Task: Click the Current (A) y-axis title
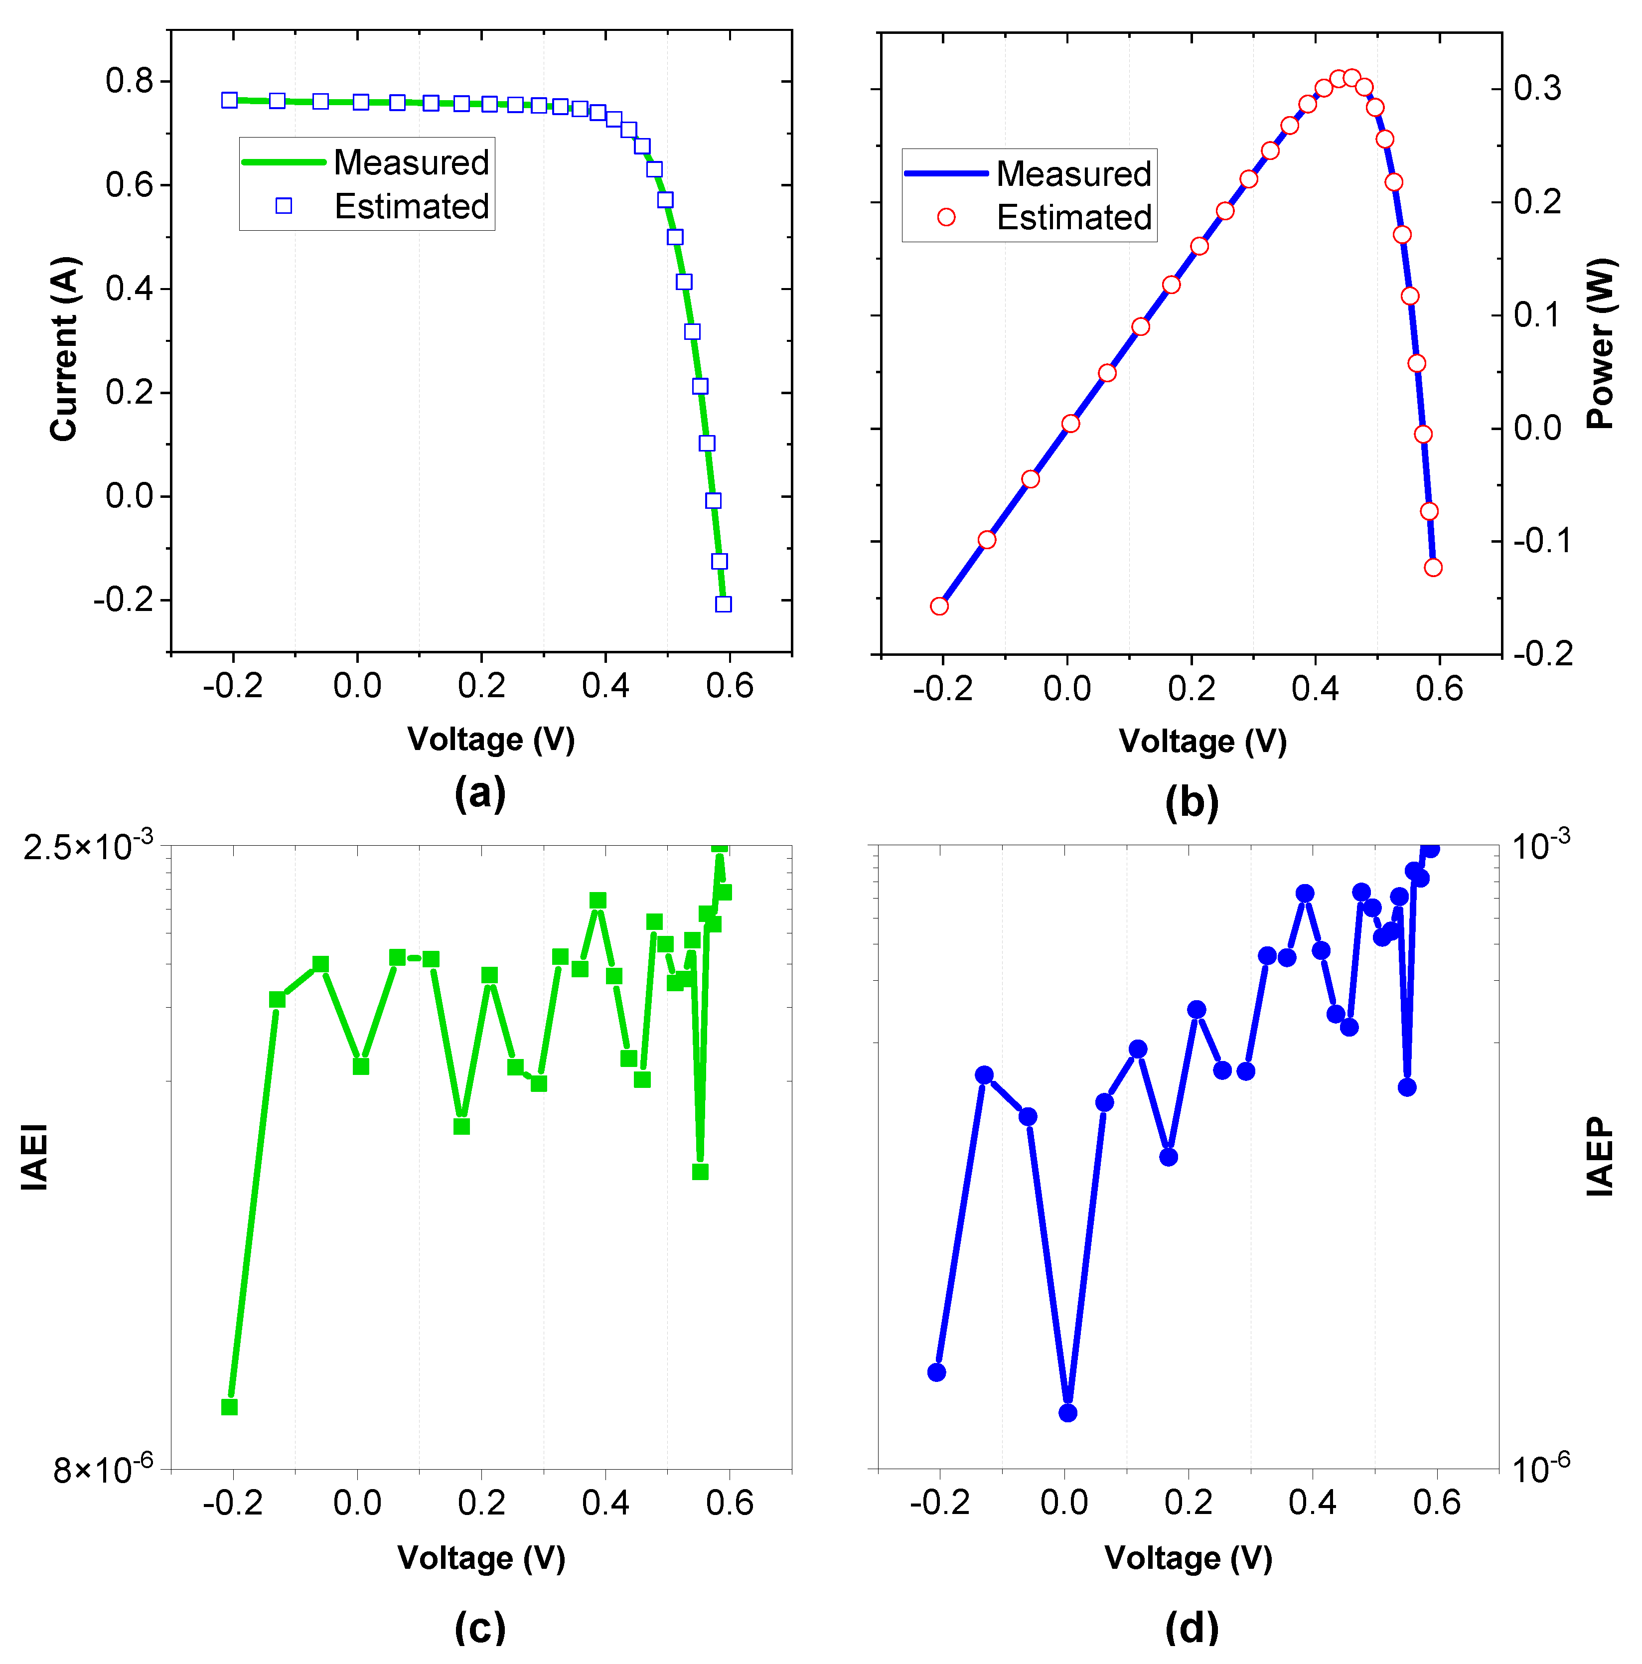[x=65, y=349]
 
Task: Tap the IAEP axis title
[x=1600, y=1157]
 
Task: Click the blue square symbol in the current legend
[x=283, y=206]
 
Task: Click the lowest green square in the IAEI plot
[x=229, y=1406]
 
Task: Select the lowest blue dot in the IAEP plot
[x=1068, y=1412]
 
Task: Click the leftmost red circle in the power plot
[x=939, y=606]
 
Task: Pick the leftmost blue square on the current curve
[x=229, y=100]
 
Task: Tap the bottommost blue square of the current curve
[x=723, y=605]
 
